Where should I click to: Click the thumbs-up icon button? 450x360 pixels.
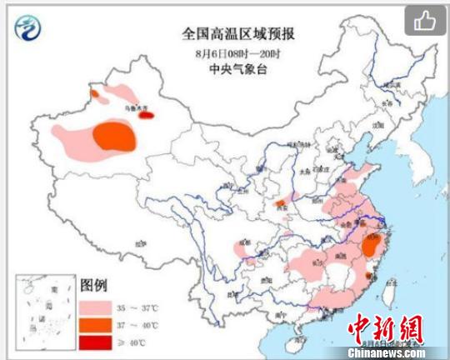(426, 20)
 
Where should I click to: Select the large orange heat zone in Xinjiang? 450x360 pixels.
(114, 136)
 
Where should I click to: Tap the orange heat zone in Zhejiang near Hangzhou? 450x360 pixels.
(372, 244)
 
